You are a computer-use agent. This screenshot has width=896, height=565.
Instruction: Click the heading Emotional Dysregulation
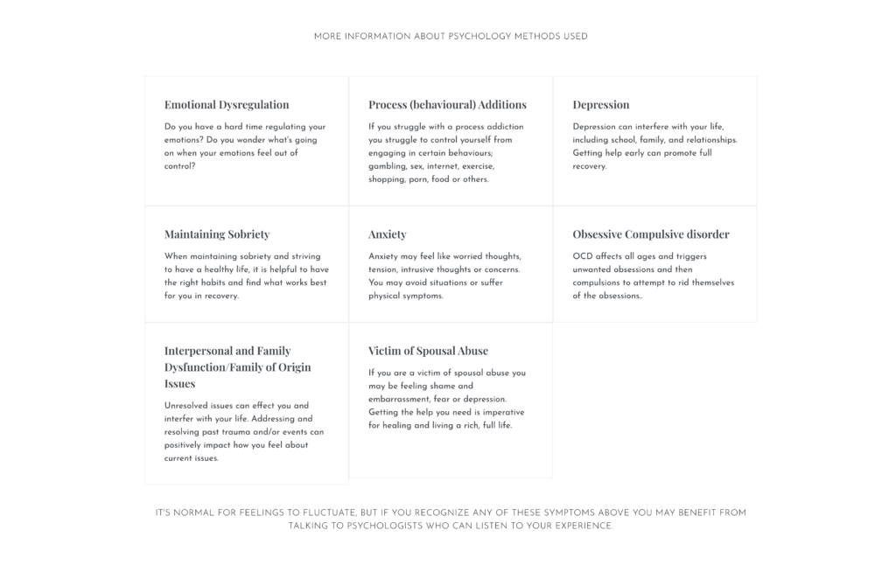[227, 105]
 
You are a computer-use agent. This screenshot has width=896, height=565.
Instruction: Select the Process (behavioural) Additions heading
[447, 105]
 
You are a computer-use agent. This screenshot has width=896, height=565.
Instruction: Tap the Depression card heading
[600, 105]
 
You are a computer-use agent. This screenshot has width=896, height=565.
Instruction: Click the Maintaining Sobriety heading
[217, 234]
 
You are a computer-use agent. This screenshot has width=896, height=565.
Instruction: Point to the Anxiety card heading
[387, 234]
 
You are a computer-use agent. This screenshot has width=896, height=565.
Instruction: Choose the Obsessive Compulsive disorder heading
[650, 234]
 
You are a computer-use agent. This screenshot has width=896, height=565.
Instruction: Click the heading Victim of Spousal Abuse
[428, 351]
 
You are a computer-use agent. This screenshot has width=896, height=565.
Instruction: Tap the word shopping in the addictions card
[388, 179]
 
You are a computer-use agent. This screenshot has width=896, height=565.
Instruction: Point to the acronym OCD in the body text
[582, 256]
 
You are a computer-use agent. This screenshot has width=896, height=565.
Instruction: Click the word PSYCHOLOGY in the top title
[480, 37]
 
